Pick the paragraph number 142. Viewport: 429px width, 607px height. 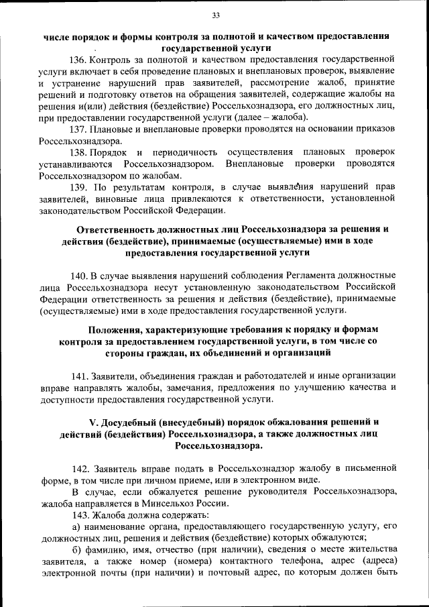[x=80, y=467]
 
